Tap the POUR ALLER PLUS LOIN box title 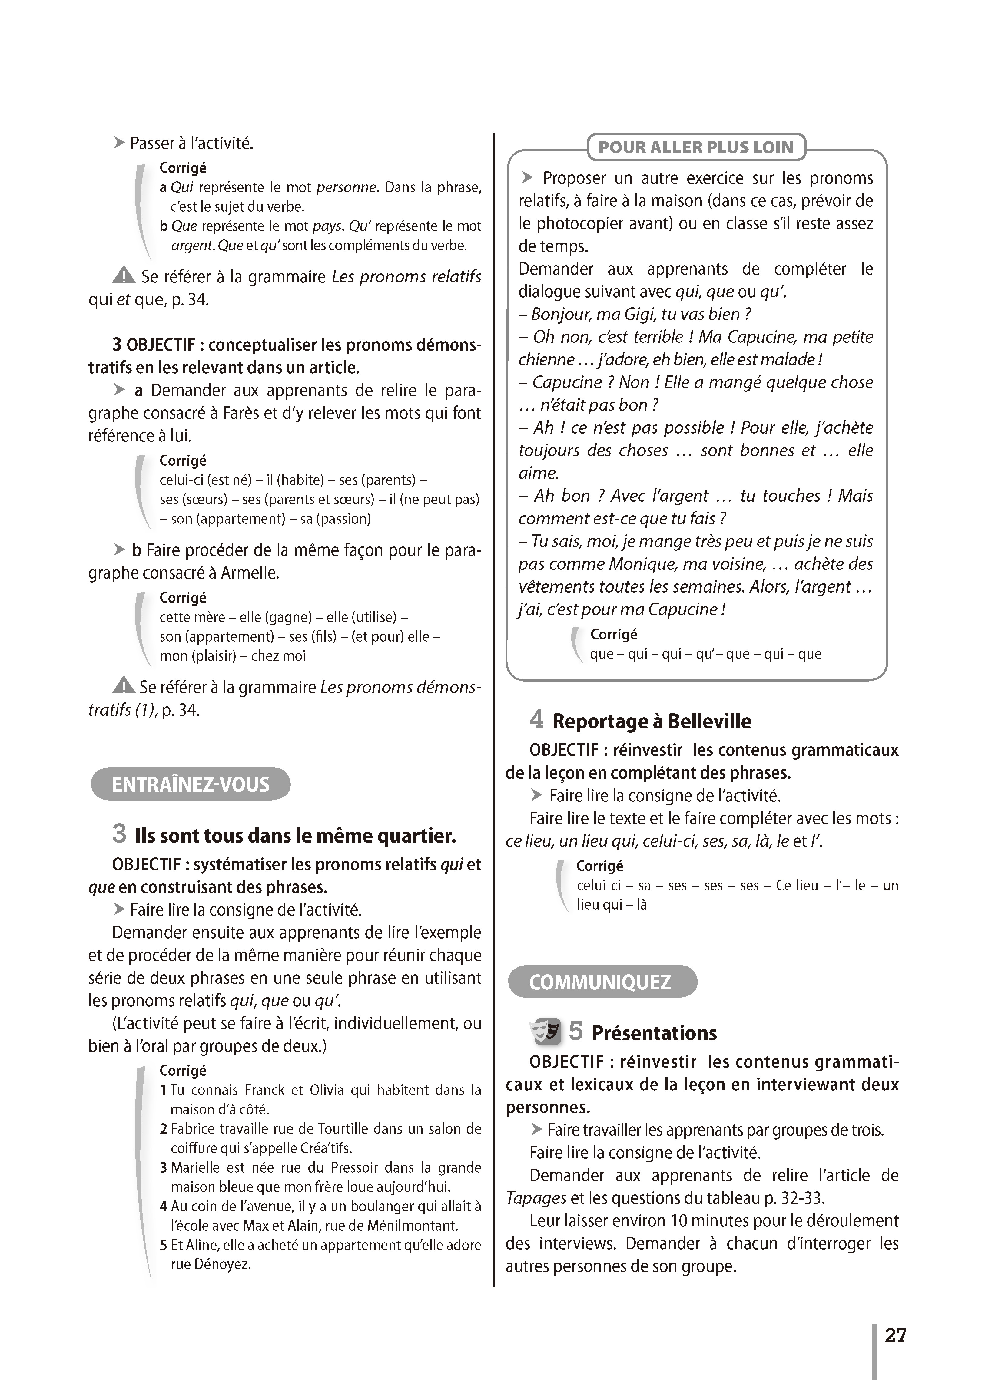(695, 147)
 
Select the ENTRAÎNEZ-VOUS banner (191, 784)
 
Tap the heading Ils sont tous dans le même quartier (295, 835)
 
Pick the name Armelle (249, 573)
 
